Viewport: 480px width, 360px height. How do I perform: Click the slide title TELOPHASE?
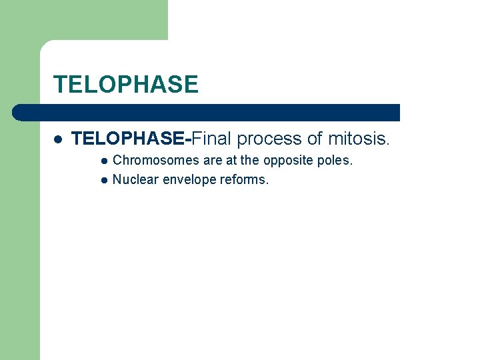125,85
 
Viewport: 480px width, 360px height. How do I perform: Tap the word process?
269,139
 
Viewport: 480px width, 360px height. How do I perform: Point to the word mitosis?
358,139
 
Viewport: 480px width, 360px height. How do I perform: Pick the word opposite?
289,161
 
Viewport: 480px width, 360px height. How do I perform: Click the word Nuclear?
132,179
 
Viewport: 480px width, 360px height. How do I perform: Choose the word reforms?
245,179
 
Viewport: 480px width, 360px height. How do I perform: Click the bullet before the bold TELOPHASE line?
58,139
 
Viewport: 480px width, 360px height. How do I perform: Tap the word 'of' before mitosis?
315,139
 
